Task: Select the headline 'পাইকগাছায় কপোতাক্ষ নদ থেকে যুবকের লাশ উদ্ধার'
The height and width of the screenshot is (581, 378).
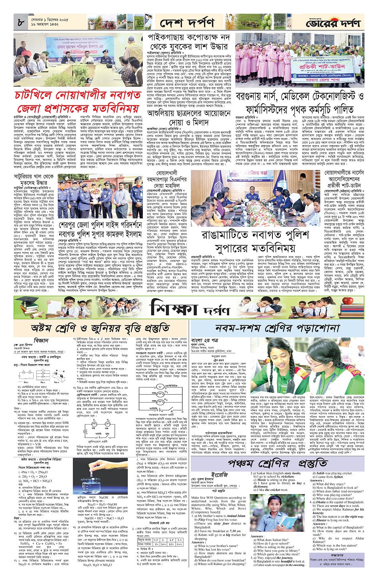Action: tap(189, 43)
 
